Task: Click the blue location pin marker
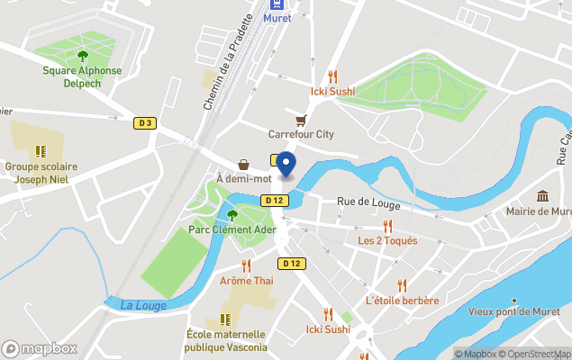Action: point(286,163)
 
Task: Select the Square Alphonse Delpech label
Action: point(82,76)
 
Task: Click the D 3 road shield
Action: point(145,123)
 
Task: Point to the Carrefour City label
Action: point(301,135)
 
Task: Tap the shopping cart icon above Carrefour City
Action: point(301,120)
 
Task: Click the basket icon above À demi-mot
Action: point(243,165)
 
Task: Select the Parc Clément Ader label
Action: point(232,229)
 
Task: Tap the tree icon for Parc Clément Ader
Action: point(232,214)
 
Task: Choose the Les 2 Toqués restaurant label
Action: point(387,241)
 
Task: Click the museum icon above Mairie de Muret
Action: point(542,196)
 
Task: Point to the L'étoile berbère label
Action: point(402,301)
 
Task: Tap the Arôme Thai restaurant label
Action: point(246,281)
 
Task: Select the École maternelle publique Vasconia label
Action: point(226,341)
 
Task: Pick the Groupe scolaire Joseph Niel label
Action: point(41,173)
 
